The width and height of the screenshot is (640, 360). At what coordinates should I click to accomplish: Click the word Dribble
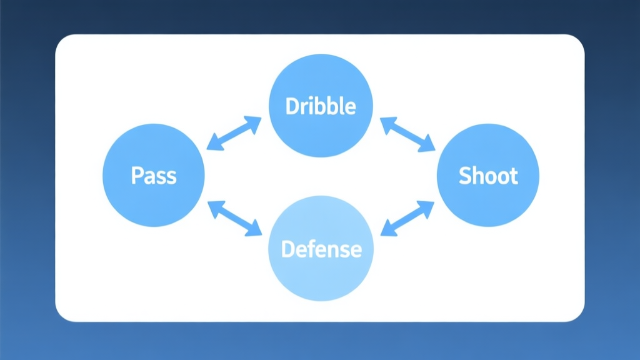321,106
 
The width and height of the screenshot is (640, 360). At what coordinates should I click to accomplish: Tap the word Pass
154,175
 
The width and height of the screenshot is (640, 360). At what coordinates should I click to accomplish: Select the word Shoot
488,175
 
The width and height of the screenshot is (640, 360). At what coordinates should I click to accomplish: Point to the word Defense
321,249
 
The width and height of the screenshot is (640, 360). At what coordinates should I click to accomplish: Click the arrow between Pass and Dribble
234,133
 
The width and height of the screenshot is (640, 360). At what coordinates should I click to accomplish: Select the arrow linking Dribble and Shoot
407,134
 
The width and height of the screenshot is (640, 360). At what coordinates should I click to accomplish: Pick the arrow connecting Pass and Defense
234,218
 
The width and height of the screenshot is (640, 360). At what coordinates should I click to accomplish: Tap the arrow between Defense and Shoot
407,218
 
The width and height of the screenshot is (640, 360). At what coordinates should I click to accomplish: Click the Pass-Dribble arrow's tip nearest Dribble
259,118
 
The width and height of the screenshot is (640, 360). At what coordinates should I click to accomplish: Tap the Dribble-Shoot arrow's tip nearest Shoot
434,150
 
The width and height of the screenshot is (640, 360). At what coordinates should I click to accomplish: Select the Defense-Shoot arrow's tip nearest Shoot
433,202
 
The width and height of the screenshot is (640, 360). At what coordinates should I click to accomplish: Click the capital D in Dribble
291,106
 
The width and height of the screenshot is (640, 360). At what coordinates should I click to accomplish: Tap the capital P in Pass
137,175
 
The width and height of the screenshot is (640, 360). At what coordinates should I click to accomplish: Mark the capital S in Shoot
466,175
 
